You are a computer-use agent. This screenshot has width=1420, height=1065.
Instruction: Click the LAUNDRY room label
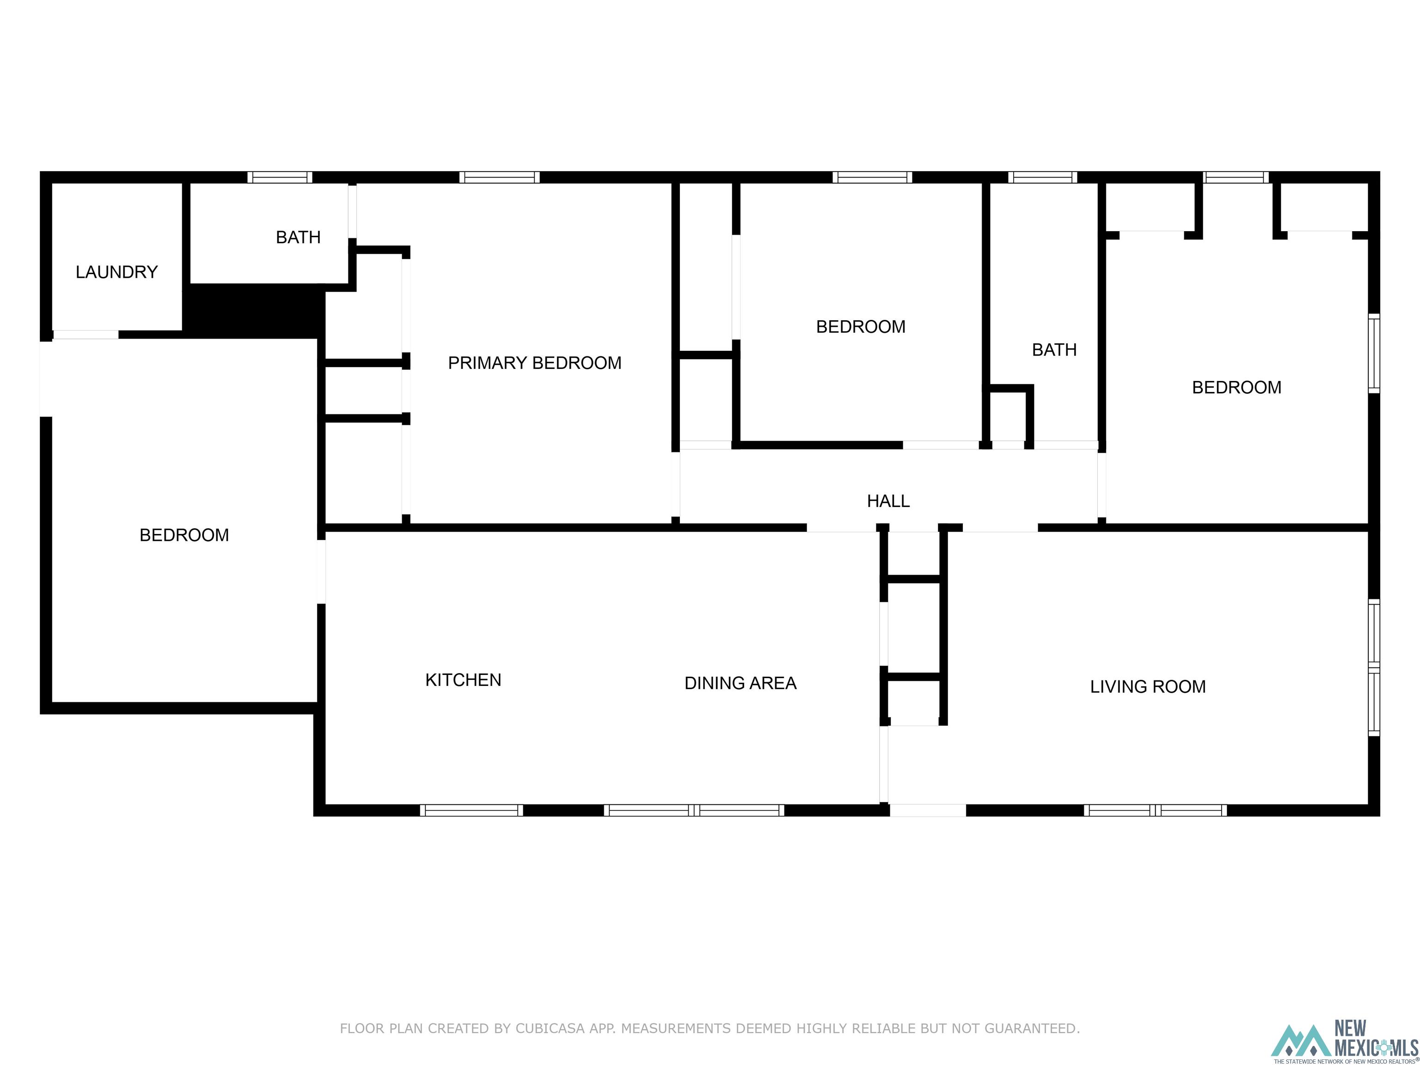pos(116,272)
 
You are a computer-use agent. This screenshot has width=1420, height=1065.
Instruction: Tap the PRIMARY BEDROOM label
pos(534,363)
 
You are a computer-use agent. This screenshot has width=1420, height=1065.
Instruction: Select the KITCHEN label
pos(463,680)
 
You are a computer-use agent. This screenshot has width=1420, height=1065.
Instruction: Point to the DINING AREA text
pos(740,683)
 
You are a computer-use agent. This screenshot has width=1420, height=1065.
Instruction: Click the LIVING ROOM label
pos(1147,687)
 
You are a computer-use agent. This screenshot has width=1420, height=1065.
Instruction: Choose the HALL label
pos(888,501)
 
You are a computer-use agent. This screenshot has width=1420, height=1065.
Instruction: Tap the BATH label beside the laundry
pos(298,238)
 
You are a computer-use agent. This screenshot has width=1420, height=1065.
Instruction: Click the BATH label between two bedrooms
pos(1053,350)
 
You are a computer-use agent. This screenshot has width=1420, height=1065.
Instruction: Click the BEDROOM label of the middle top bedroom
pos(860,327)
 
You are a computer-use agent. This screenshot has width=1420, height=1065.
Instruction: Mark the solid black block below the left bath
pos(254,310)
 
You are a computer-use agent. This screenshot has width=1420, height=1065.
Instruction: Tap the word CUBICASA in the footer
pos(550,1028)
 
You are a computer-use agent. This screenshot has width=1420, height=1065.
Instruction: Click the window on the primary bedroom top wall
pos(499,177)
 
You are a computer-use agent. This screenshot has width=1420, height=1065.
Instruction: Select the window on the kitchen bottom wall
pos(471,810)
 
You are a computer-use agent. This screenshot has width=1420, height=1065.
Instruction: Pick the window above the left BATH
pos(280,177)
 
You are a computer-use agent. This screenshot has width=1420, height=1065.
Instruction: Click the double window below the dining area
pos(693,810)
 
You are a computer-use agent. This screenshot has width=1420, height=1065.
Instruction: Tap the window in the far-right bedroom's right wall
pos(1373,353)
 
